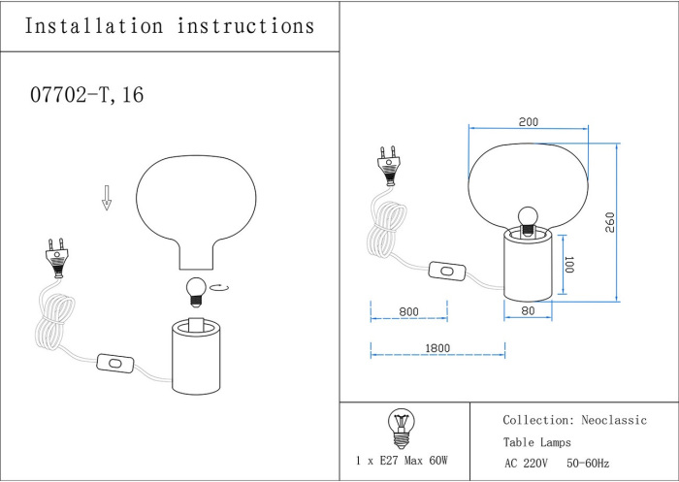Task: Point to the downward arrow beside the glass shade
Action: click(107, 198)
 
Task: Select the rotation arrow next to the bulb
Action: click(221, 286)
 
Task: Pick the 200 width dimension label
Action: click(529, 122)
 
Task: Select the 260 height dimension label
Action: click(635, 222)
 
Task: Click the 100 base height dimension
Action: click(569, 264)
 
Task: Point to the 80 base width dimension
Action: click(529, 311)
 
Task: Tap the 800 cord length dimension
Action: click(408, 311)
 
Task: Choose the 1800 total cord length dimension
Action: click(437, 346)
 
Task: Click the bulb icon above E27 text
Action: click(399, 424)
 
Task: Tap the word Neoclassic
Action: click(613, 420)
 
